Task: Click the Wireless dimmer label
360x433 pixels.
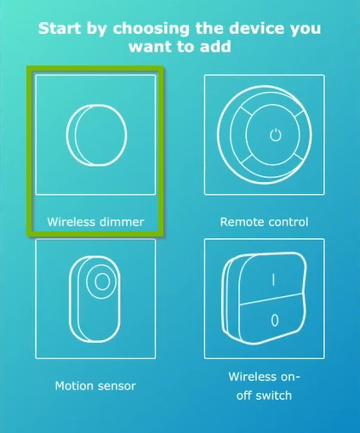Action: (95, 222)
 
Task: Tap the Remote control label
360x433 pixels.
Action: (264, 222)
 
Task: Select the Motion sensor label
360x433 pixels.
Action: (95, 385)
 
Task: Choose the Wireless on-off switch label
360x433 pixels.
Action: (264, 385)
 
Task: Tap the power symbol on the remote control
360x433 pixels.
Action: (274, 134)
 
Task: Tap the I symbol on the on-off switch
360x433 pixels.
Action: (274, 279)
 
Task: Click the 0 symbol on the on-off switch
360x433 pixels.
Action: (274, 321)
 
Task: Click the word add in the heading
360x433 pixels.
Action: (217, 46)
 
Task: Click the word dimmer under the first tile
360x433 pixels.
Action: (120, 222)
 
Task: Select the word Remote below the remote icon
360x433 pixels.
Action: (242, 222)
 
